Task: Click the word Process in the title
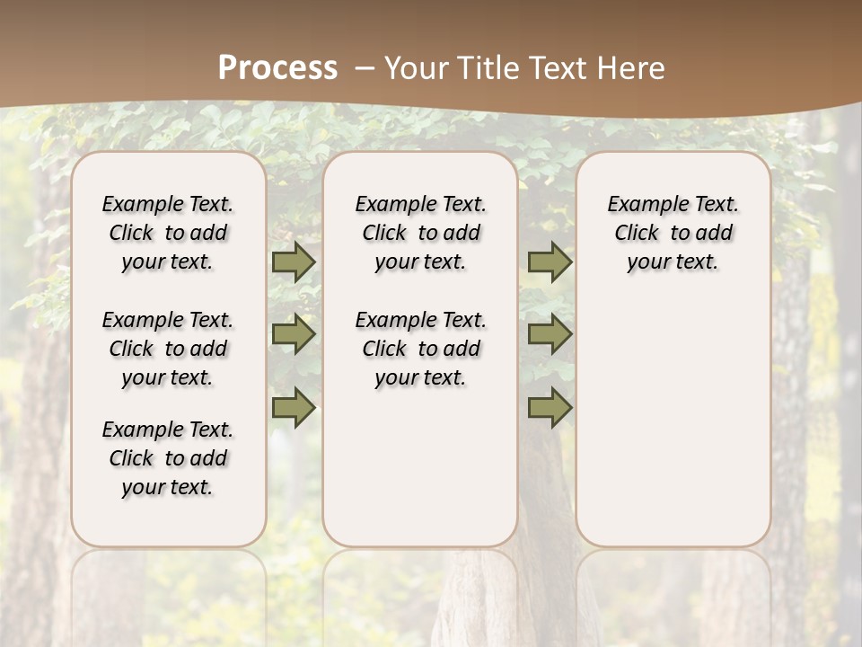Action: coord(277,68)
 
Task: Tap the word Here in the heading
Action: coord(633,68)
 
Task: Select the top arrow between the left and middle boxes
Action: coord(294,262)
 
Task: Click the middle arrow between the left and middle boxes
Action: coord(294,334)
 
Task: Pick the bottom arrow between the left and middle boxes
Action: coord(294,408)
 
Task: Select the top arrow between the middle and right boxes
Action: coord(550,262)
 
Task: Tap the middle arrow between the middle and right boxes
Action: coord(550,334)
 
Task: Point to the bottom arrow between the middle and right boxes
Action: coord(550,408)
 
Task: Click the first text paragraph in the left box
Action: coord(168,233)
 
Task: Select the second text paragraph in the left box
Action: coord(168,349)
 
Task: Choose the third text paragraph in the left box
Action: coord(168,458)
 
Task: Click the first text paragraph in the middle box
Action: coord(421,233)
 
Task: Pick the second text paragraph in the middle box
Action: coord(421,349)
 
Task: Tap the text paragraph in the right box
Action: coord(673,233)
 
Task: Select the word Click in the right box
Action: coord(637,234)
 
